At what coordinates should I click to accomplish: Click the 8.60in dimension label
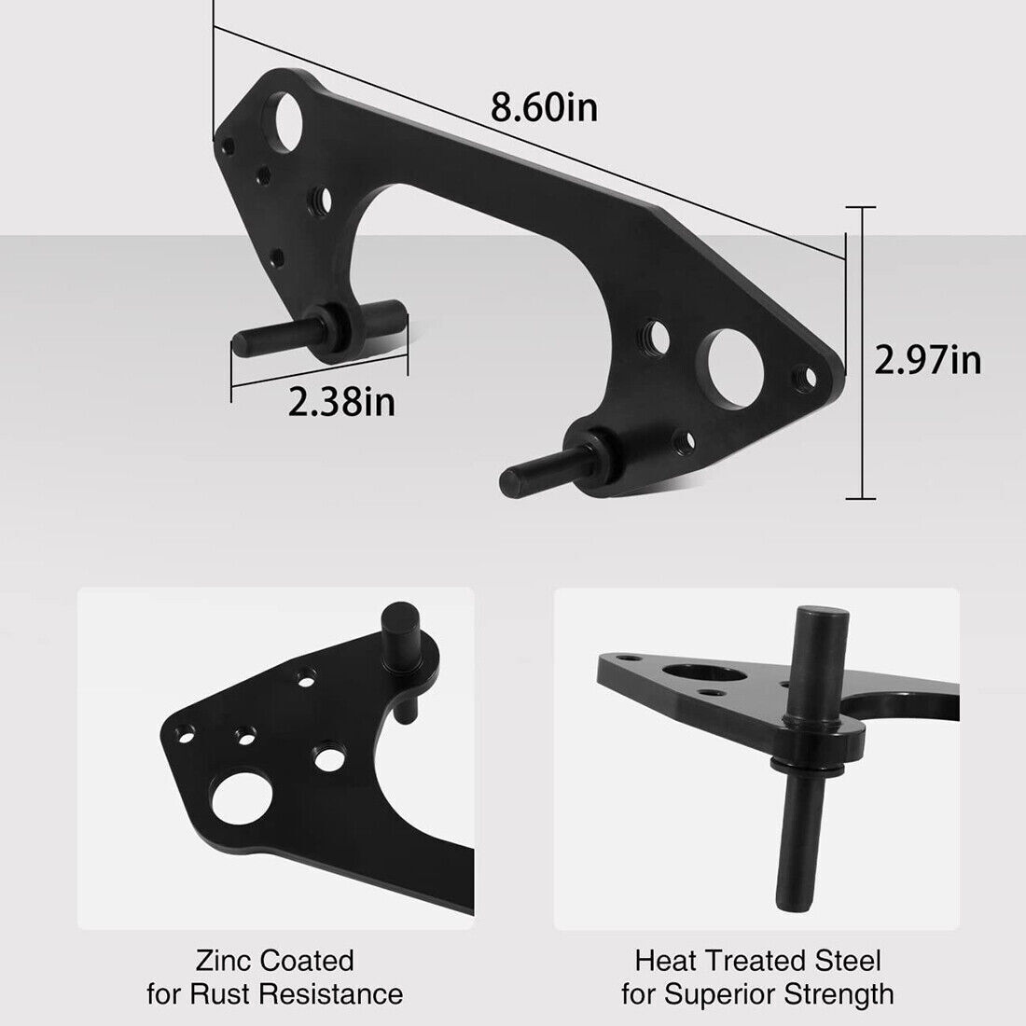545,108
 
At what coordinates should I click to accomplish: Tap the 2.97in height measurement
927,359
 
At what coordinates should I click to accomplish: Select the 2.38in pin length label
341,403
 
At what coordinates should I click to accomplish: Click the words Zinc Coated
275,960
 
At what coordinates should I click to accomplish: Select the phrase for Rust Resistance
275,994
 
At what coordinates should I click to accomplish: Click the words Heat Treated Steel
757,960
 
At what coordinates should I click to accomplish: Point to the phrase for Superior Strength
757,994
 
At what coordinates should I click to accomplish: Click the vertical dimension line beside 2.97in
861,354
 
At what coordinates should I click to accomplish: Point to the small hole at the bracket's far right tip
800,377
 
